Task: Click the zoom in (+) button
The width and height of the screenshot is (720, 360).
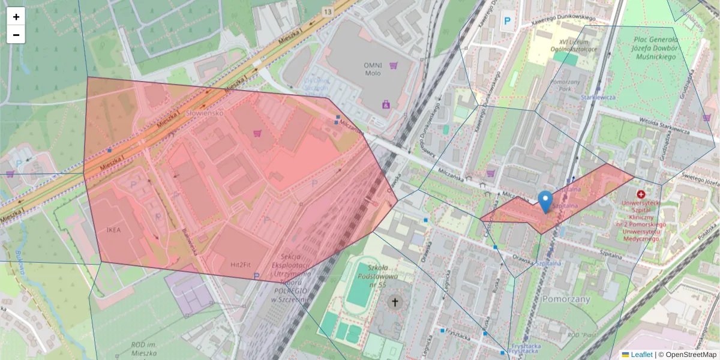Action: (16, 17)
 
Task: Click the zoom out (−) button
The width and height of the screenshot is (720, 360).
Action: (16, 35)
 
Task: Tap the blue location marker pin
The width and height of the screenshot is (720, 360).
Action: (545, 202)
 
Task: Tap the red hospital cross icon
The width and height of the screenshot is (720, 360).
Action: (641, 195)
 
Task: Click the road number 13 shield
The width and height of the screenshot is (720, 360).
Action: (327, 11)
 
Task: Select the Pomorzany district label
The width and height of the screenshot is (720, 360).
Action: (566, 298)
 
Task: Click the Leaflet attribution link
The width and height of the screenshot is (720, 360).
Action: (641, 355)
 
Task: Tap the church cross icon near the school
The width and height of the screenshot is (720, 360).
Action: (394, 302)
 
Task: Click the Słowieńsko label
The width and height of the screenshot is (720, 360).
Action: (204, 112)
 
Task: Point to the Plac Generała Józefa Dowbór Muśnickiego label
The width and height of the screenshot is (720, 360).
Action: (655, 48)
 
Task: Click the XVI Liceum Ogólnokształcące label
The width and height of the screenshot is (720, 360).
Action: (570, 45)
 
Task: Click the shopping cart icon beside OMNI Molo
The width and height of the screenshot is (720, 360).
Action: (394, 65)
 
